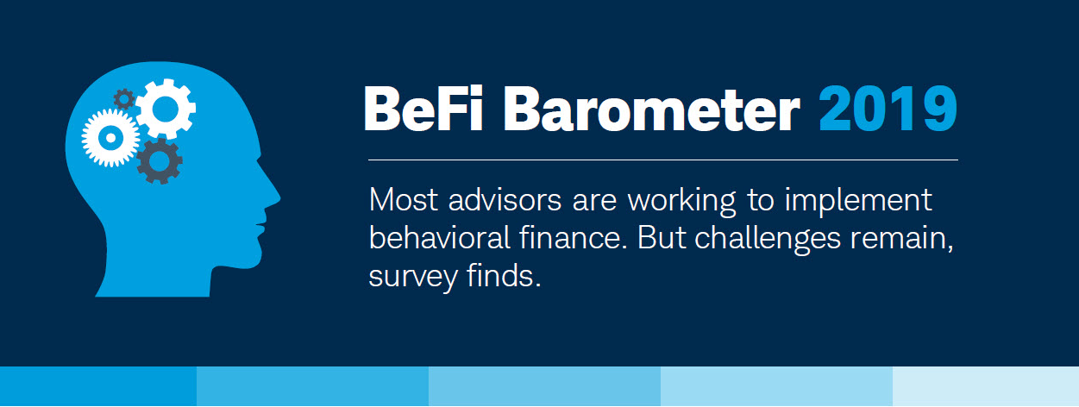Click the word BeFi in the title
coord(423,109)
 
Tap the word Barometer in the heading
coord(652,110)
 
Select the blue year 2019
coord(888,109)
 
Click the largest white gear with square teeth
coord(166,109)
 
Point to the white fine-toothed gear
coord(110,138)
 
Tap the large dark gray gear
coord(160,161)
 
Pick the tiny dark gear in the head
coord(124,99)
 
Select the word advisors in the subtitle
coord(505,199)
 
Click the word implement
coord(858,199)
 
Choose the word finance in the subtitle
coord(569,237)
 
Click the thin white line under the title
coord(663,160)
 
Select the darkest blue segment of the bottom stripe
coord(98,386)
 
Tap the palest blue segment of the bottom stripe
coord(986,386)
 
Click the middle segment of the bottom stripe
coord(544,386)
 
